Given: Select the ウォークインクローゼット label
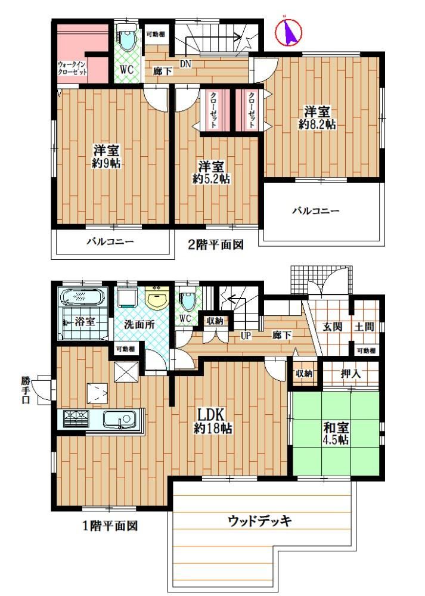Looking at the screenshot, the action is [72, 69].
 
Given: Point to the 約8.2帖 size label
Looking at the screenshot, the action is [317, 125].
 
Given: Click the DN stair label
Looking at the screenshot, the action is [185, 64].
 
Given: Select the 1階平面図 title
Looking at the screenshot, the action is [110, 526].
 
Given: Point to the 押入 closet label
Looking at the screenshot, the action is [350, 374].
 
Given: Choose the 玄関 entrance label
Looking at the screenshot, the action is [333, 327].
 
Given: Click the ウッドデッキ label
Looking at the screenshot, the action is [260, 520].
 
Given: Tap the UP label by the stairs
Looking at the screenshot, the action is [246, 336].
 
